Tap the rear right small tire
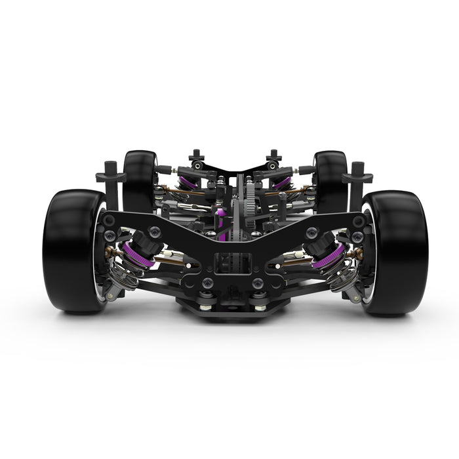[x=330, y=180]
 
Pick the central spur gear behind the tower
[x=249, y=203]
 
